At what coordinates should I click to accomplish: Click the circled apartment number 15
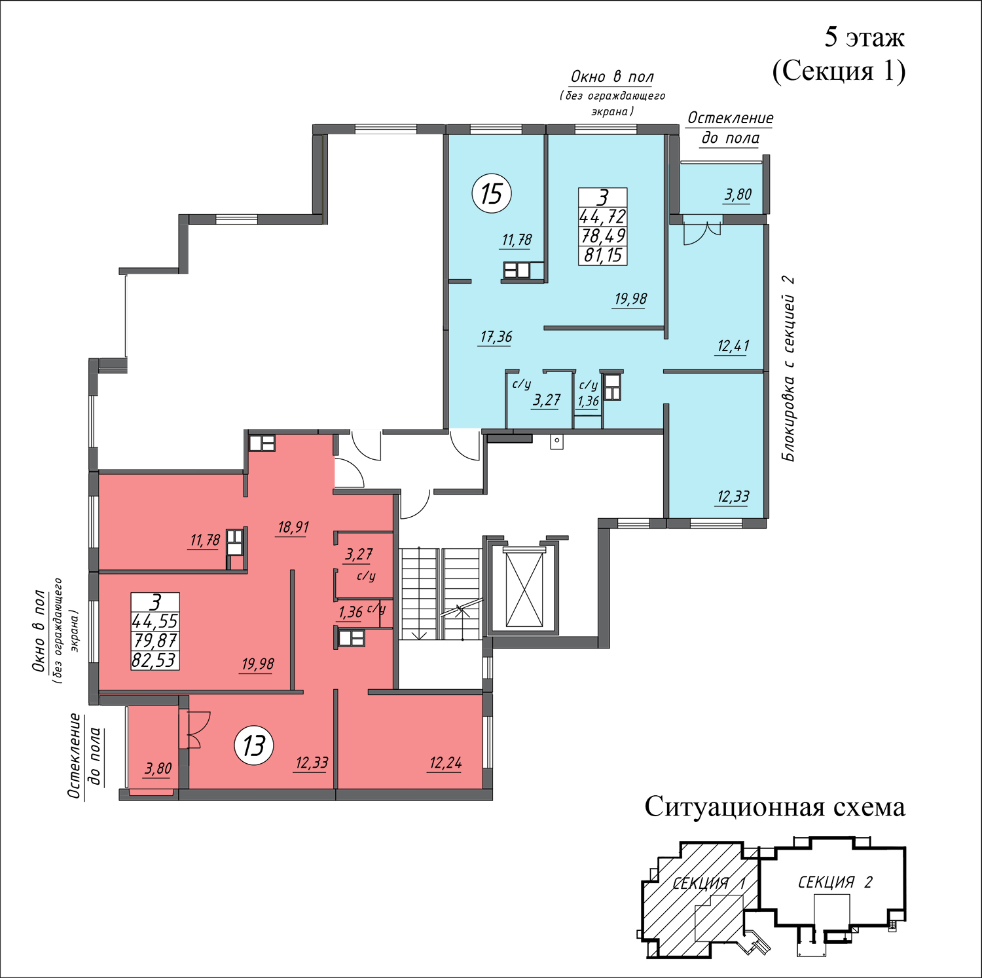pos(492,194)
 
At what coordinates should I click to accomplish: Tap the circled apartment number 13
pos(254,745)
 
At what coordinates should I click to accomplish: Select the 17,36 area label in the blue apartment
pos(496,337)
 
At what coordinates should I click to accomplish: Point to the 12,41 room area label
pos(733,346)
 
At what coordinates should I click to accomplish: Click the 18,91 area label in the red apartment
pos(293,527)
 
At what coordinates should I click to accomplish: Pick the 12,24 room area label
pos(446,762)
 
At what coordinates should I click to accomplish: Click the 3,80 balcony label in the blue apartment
pos(738,195)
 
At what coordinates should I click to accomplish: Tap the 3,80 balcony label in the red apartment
pos(158,768)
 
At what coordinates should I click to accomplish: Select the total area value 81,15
pos(603,255)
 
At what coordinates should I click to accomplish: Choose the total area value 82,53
pos(155,660)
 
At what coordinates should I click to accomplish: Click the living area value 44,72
pos(603,216)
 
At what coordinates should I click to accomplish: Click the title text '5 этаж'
pos(864,37)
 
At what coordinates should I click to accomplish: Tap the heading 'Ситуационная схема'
pos(775,806)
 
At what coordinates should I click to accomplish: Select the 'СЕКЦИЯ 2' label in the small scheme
pos(835,882)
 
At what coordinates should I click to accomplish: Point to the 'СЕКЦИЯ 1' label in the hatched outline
pos(709,883)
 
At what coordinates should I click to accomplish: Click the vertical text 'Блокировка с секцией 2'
pos(790,368)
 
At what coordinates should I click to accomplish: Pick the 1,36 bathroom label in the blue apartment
pos(589,401)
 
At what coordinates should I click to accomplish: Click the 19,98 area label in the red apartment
pos(258,664)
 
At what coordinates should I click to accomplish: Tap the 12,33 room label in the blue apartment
pos(733,497)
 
